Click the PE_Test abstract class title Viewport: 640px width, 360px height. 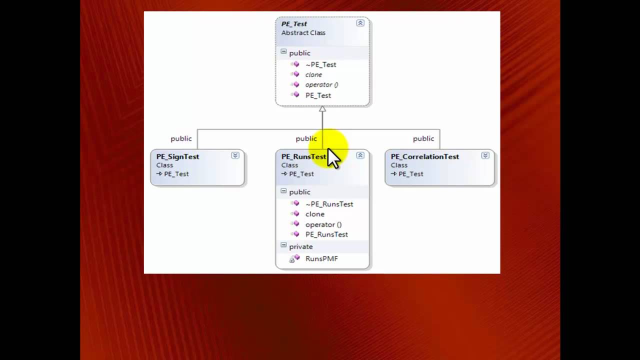[294, 24]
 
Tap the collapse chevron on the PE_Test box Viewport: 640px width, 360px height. [360, 23]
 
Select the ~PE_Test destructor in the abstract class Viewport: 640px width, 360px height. [320, 64]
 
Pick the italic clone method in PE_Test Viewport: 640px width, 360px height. [313, 74]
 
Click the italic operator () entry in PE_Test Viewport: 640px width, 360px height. [321, 84]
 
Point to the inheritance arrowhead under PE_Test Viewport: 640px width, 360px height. [322, 109]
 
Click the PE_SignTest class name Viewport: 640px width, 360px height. [177, 156]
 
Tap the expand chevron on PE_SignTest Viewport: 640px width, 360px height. [235, 155]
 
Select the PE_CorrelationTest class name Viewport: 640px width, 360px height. [424, 156]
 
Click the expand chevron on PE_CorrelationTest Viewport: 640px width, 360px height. [485, 155]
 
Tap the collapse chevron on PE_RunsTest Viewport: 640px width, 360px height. [360, 155]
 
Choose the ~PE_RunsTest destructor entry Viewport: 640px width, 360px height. [329, 204]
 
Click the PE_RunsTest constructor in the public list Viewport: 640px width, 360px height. [326, 234]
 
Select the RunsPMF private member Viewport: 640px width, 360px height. [321, 258]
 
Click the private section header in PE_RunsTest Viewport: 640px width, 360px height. [300, 246]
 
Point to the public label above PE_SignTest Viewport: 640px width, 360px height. [181, 138]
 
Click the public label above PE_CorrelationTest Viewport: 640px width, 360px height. [423, 138]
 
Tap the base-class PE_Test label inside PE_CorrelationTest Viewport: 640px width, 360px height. [410, 174]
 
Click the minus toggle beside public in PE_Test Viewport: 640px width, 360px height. [283, 52]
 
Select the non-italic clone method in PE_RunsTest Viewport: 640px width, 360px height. [314, 214]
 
